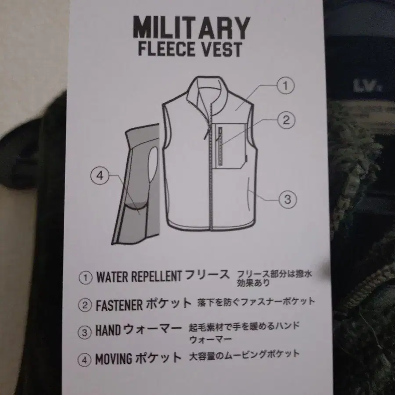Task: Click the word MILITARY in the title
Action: click(191, 27)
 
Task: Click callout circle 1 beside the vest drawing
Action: click(285, 86)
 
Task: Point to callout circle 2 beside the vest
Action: click(286, 120)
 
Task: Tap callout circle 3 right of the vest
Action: click(287, 199)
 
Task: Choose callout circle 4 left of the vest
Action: click(100, 175)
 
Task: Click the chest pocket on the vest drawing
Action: click(231, 146)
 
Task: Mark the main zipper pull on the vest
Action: click(207, 133)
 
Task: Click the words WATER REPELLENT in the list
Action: click(139, 276)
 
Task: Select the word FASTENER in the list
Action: click(119, 305)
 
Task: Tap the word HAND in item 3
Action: click(108, 330)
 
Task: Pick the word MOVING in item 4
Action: click(114, 359)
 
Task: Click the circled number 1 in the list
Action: click(86, 278)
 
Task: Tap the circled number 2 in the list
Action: click(85, 305)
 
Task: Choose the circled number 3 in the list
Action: click(84, 333)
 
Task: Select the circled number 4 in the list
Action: click(84, 360)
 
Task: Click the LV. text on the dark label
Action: click(367, 86)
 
